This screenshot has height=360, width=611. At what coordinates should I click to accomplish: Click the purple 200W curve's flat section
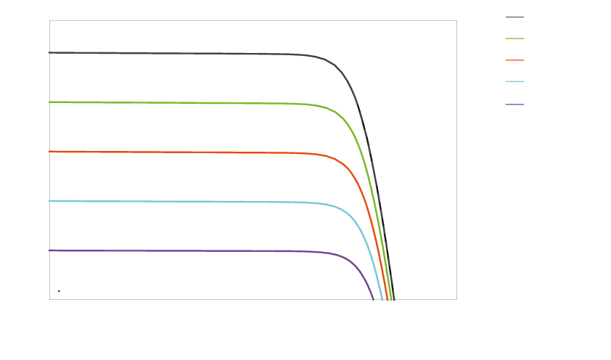[x=181, y=250]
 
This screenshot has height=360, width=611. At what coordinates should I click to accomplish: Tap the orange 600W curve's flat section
[x=181, y=152]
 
